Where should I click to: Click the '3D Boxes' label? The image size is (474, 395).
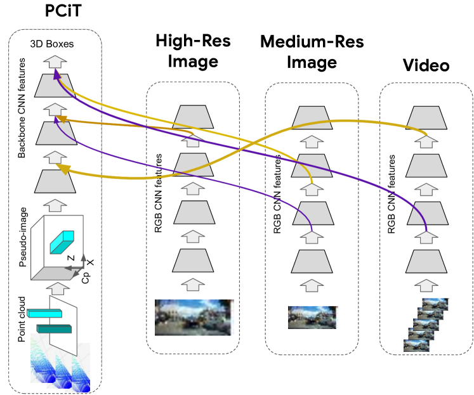(52, 44)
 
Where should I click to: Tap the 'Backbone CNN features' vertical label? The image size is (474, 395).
(22, 108)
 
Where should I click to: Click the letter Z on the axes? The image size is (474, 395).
(71, 258)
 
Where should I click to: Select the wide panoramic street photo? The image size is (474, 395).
(194, 318)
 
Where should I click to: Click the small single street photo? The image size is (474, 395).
(310, 317)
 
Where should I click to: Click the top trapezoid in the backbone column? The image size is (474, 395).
(56, 85)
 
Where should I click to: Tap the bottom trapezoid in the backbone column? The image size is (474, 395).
(55, 181)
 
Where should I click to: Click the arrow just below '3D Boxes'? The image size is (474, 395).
(56, 62)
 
